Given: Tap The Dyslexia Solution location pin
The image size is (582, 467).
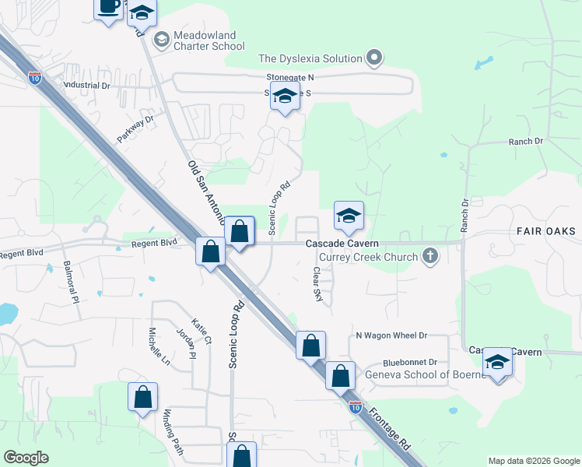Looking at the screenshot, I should click(375, 58).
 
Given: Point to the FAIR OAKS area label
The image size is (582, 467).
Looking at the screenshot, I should click(545, 231).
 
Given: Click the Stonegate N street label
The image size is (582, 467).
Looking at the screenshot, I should click(289, 78).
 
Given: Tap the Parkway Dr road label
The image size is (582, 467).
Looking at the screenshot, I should click(136, 128).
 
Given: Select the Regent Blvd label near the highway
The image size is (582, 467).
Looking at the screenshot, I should click(155, 243).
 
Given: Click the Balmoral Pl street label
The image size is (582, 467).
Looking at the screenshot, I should click(71, 281).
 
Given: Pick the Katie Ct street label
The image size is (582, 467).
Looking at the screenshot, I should click(202, 330).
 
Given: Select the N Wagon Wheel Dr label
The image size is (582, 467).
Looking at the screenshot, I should click(391, 335).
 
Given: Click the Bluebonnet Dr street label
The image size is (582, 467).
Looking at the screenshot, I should click(410, 363).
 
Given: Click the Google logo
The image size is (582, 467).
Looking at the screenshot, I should click(26, 457).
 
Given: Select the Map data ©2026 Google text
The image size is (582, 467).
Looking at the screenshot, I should click(533, 461).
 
